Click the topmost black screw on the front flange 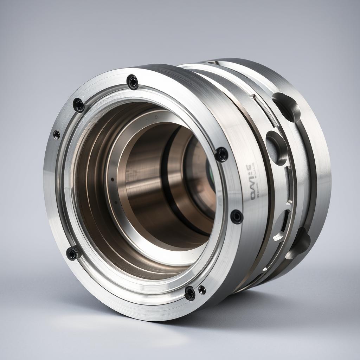pyautogui.click(x=133, y=82)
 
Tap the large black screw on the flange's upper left pyautogui.click(x=78, y=105)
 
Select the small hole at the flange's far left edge pyautogui.click(x=56, y=135)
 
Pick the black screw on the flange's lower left pyautogui.click(x=73, y=253)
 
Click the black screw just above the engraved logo pyautogui.click(x=221, y=154)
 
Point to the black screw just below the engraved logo pyautogui.click(x=237, y=217)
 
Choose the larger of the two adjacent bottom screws pyautogui.click(x=190, y=293)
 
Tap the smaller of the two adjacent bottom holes pyautogui.click(x=202, y=290)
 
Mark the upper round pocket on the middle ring pyautogui.click(x=277, y=148)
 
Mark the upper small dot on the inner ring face pyautogui.click(x=112, y=179)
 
